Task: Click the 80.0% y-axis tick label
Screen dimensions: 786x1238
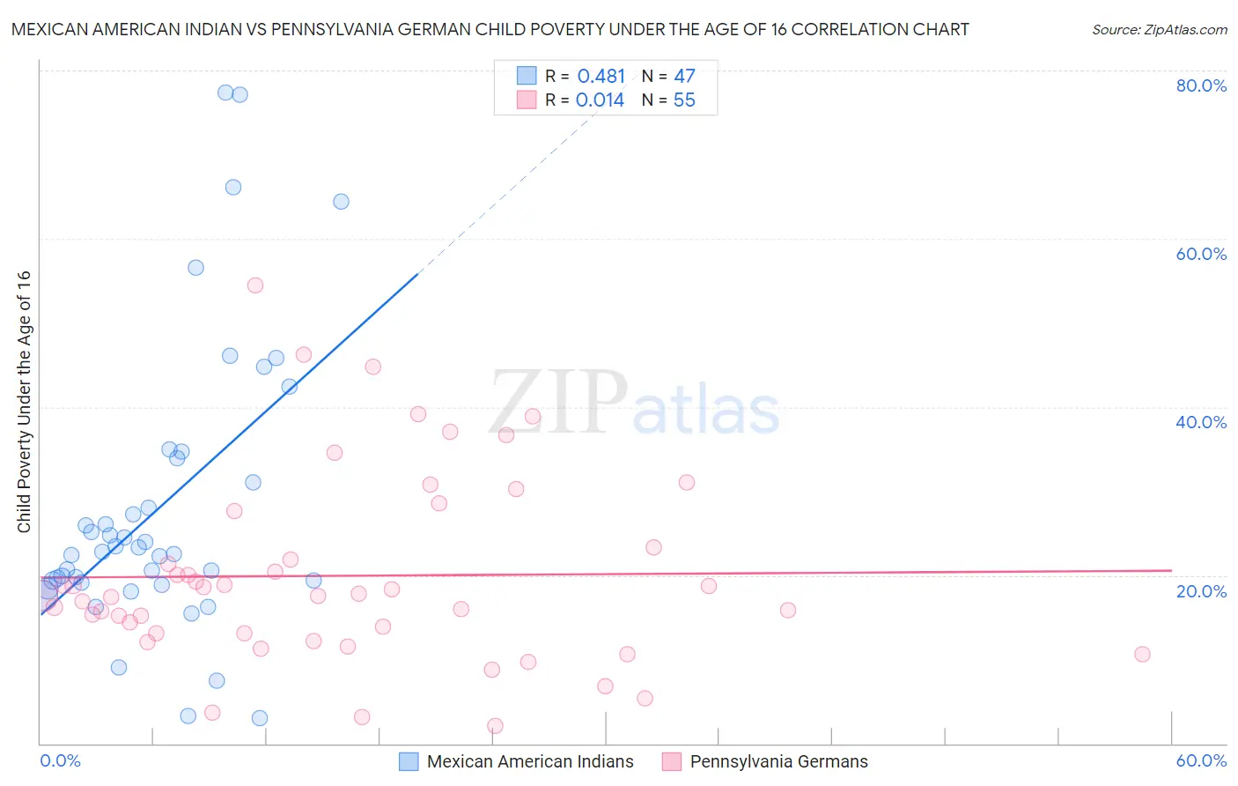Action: [x=1201, y=85]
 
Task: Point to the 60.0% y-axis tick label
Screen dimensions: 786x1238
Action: [x=1201, y=254]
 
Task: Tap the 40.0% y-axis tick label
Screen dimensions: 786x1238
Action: [x=1201, y=422]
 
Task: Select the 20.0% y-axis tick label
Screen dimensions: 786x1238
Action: [x=1201, y=591]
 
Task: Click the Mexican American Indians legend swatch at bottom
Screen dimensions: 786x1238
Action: [x=409, y=762]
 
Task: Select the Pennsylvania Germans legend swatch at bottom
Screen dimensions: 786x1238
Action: [x=672, y=762]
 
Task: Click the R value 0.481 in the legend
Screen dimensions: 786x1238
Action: [x=601, y=77]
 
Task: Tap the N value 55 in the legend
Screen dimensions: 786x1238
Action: [x=684, y=100]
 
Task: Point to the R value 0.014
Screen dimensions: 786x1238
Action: [x=600, y=100]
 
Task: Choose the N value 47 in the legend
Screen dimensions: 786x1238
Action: [x=684, y=77]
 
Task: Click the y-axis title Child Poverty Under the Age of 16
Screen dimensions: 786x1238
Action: [x=25, y=401]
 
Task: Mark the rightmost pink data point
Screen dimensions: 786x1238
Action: [x=1142, y=654]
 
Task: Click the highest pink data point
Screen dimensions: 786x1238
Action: [x=255, y=285]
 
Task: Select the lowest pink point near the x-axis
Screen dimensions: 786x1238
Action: [x=495, y=726]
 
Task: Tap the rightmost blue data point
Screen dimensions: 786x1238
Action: [x=341, y=202]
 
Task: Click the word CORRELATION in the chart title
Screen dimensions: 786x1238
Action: [x=848, y=29]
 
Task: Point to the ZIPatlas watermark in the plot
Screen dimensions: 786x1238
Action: [x=634, y=404]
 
